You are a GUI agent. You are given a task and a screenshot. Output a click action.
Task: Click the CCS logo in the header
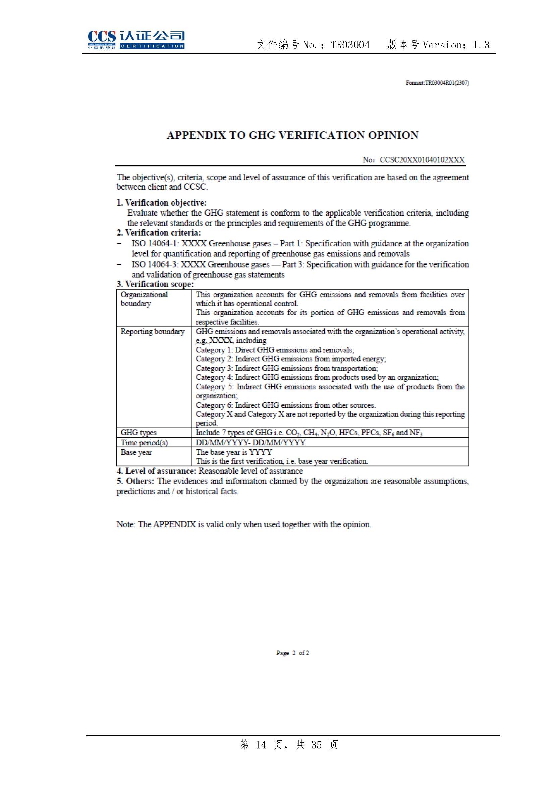coord(136,40)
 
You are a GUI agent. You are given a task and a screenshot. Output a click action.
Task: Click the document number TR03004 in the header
coord(350,45)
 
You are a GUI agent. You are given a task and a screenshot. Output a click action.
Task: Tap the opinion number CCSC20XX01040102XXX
coord(422,160)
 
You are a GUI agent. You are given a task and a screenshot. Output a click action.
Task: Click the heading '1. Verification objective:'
coord(161,203)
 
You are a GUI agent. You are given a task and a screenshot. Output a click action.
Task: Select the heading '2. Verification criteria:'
coord(159,233)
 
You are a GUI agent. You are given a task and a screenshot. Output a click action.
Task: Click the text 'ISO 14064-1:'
coord(155,243)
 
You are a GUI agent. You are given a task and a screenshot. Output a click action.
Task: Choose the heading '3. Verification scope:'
coord(155,284)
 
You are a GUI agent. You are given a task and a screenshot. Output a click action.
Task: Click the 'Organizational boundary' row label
coord(144,299)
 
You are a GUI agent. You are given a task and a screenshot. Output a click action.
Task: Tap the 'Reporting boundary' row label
coord(152,332)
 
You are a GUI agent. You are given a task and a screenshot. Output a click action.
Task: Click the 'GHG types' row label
coord(139,433)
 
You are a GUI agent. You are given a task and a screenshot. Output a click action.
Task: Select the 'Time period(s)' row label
coord(144,443)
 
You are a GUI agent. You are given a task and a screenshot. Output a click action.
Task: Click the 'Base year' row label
coord(136,452)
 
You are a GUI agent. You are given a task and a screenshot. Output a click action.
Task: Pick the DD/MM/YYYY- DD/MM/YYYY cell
coord(251,443)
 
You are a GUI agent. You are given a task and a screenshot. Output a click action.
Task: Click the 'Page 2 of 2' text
coord(292,653)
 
